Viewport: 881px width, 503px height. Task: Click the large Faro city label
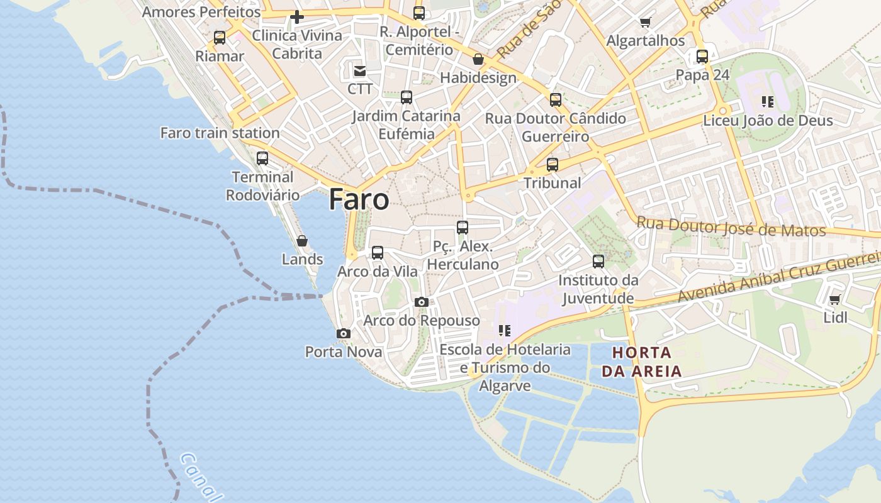click(x=359, y=199)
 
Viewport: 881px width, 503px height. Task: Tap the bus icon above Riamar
click(x=220, y=38)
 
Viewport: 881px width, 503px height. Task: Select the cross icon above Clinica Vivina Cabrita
click(x=297, y=17)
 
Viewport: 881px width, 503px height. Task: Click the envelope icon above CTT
click(x=360, y=70)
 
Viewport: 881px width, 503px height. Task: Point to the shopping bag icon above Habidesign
click(x=478, y=60)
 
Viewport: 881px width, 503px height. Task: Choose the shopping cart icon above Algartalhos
click(x=645, y=23)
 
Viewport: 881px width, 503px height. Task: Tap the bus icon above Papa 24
click(x=702, y=57)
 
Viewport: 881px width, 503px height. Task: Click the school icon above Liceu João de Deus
click(x=767, y=101)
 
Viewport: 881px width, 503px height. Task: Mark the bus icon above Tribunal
click(x=553, y=165)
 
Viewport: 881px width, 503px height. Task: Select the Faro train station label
click(x=220, y=133)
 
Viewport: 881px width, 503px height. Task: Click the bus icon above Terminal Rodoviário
click(x=262, y=158)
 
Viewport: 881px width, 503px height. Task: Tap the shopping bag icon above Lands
click(x=302, y=241)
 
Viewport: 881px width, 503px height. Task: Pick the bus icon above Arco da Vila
click(x=378, y=253)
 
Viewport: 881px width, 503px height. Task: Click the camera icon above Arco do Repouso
click(x=422, y=302)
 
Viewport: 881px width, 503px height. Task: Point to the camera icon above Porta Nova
click(x=343, y=333)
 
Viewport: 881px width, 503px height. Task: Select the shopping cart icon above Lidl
click(x=835, y=299)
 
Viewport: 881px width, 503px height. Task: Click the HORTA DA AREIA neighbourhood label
click(x=642, y=362)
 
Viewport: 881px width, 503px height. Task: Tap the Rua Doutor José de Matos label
click(x=731, y=226)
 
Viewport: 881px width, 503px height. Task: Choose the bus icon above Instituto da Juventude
click(x=598, y=261)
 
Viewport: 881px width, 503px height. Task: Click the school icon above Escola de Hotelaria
click(x=504, y=330)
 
